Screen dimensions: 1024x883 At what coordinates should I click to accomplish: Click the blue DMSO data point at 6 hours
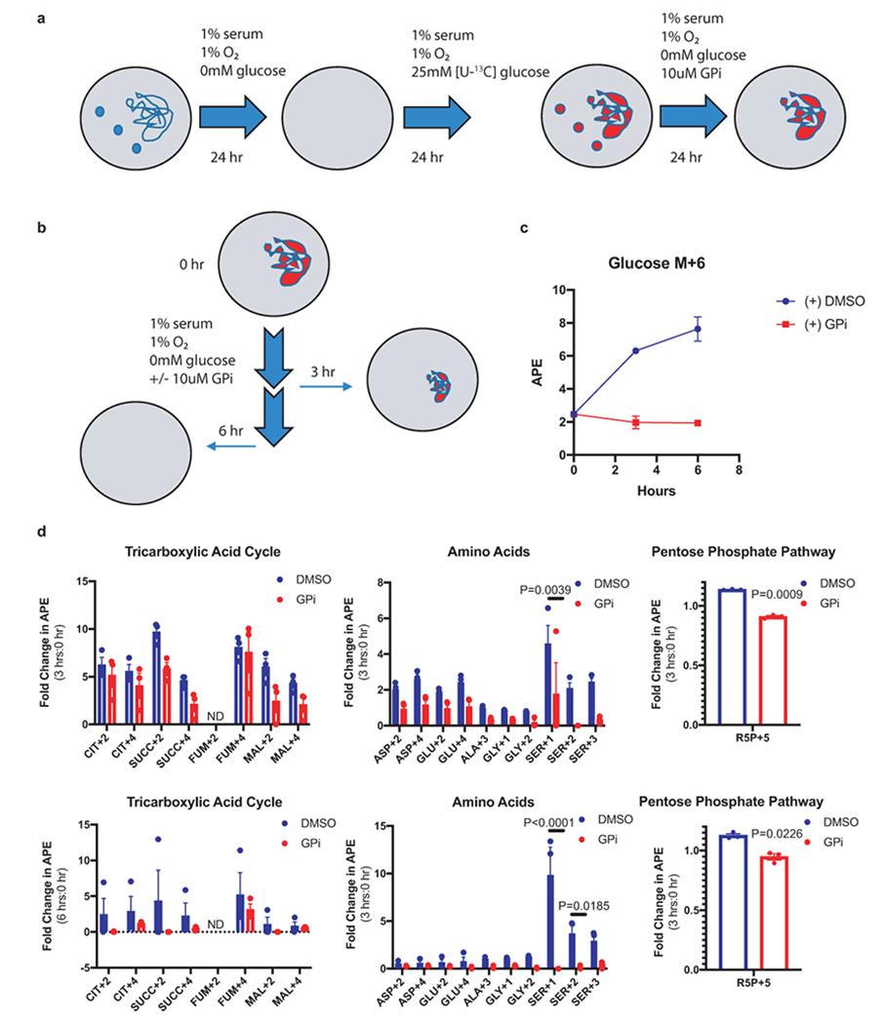tap(699, 329)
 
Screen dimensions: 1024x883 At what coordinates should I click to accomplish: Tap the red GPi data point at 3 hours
tap(636, 422)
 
